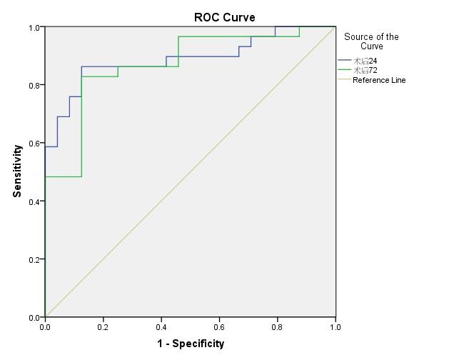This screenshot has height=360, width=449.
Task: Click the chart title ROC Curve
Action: [x=224, y=17]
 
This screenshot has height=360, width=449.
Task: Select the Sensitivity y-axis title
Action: [x=17, y=171]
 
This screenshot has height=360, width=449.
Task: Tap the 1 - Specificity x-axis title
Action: [x=191, y=344]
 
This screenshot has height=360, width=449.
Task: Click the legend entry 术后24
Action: [x=365, y=61]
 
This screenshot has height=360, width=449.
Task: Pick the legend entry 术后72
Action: [x=365, y=70]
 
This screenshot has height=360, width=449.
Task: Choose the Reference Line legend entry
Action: [x=379, y=80]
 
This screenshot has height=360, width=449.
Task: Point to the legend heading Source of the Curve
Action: [x=371, y=41]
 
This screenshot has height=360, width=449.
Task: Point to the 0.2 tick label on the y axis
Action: [x=34, y=259]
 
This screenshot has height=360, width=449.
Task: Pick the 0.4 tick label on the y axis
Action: [x=34, y=201]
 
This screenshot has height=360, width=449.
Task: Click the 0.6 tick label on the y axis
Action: [x=34, y=144]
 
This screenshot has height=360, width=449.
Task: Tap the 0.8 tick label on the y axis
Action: [x=34, y=85]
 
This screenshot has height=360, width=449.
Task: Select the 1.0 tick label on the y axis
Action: [x=34, y=28]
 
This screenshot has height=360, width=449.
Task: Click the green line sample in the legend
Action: [x=345, y=70]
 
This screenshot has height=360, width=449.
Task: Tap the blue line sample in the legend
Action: [x=345, y=61]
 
